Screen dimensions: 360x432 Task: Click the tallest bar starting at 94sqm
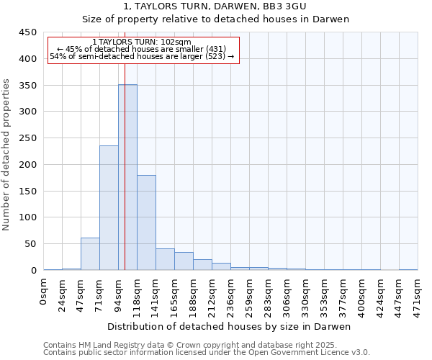[127, 177]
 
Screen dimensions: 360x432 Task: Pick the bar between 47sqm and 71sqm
[90, 253]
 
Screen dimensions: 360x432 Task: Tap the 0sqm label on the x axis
[44, 292]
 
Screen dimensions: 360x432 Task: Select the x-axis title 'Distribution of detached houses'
[230, 326]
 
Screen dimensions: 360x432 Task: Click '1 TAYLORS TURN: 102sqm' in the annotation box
[142, 42]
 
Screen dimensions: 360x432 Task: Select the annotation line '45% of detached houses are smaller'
[142, 49]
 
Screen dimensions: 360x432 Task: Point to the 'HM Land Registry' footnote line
[206, 345]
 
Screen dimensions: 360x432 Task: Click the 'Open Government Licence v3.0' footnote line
[206, 352]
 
